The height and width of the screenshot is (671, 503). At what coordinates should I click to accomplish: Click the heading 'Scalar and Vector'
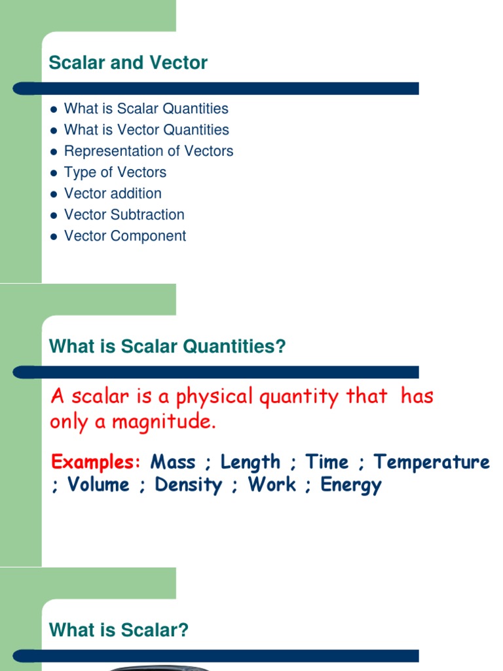click(x=128, y=63)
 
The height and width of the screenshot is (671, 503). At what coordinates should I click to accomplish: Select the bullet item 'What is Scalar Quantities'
click(x=146, y=109)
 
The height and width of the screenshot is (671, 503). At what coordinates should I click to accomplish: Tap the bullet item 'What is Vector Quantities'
click(x=146, y=130)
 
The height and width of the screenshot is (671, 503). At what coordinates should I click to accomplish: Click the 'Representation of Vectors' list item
click(x=148, y=151)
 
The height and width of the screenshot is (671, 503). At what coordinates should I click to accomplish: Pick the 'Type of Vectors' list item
click(x=115, y=172)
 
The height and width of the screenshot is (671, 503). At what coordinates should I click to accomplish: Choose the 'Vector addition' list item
click(x=113, y=194)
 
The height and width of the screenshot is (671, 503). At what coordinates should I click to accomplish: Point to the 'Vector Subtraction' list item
click(x=124, y=215)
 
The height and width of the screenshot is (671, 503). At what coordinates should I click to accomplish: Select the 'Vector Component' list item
click(x=124, y=236)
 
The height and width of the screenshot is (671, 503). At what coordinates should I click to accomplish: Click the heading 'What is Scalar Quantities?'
click(x=168, y=347)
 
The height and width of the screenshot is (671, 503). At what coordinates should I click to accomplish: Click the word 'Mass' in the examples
click(x=173, y=462)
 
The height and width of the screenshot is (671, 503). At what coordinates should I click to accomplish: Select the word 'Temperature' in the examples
click(x=432, y=462)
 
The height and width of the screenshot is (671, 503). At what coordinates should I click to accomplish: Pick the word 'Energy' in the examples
click(x=351, y=486)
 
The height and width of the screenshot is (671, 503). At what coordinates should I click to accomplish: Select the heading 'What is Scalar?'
click(x=119, y=630)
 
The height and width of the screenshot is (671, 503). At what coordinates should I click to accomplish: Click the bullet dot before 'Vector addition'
click(x=54, y=194)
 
